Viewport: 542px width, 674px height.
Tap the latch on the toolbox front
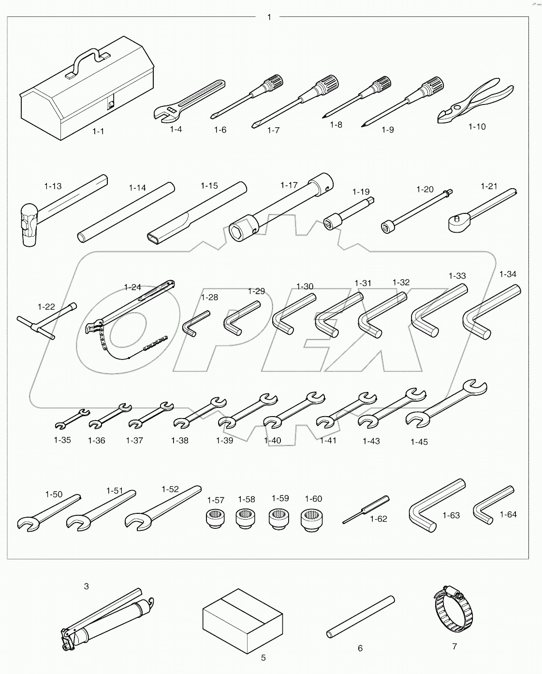(x=111, y=103)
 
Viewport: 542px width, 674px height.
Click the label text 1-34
(x=507, y=274)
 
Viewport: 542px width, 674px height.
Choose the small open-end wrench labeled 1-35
(x=71, y=419)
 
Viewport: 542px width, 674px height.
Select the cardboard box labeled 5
(x=241, y=621)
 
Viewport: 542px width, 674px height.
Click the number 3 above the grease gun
(x=86, y=586)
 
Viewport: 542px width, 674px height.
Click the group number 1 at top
(x=269, y=17)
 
